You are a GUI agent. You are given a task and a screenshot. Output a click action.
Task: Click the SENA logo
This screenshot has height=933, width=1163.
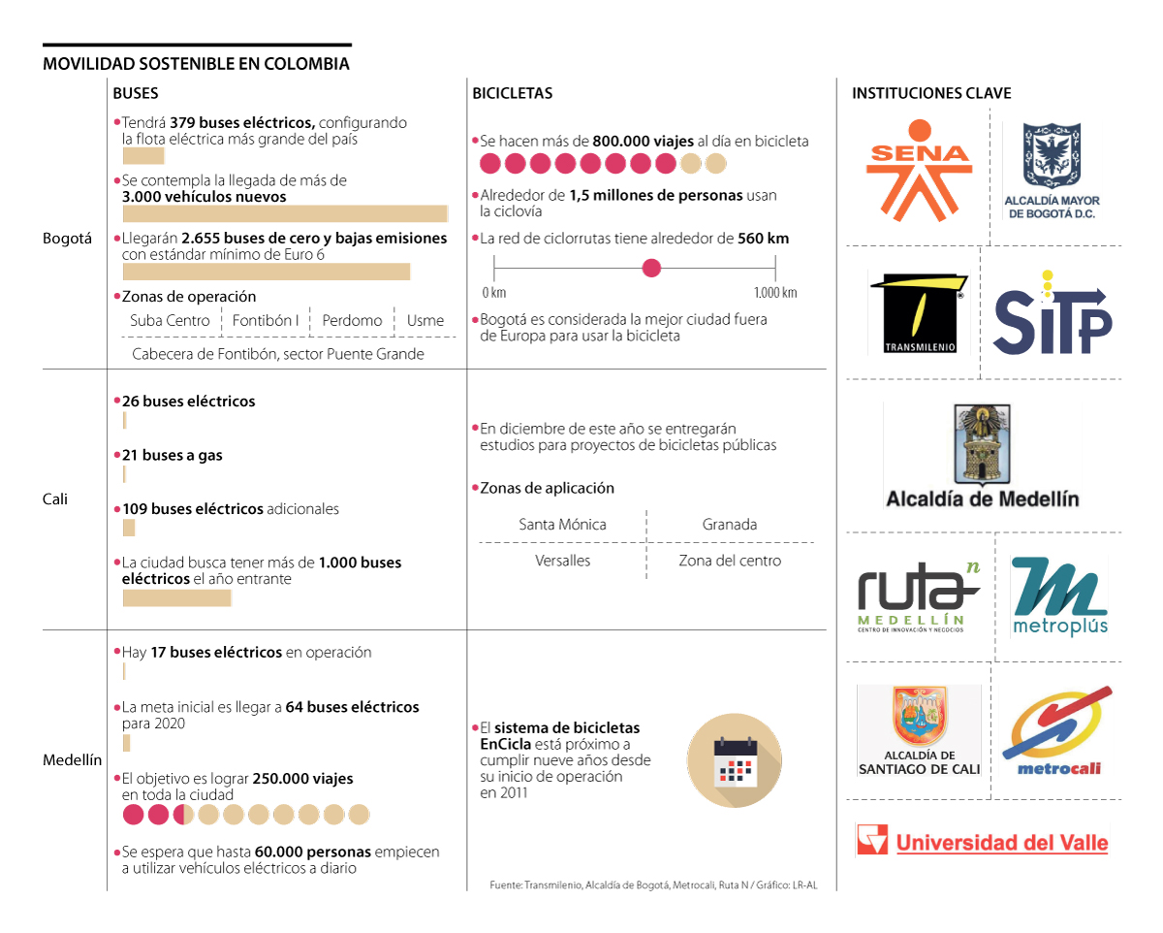pyautogui.click(x=918, y=170)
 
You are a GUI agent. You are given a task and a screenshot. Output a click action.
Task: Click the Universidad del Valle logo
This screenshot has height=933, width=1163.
pyautogui.click(x=982, y=840)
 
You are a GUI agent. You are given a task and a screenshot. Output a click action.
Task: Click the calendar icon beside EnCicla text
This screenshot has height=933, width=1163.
pyautogui.click(x=734, y=760)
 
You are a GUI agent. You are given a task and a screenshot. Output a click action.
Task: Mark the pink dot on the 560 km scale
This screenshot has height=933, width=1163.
pyautogui.click(x=652, y=268)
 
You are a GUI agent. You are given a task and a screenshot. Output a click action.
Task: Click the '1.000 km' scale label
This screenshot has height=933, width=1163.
pyautogui.click(x=775, y=293)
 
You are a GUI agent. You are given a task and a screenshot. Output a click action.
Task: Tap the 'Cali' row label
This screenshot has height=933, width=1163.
pyautogui.click(x=55, y=499)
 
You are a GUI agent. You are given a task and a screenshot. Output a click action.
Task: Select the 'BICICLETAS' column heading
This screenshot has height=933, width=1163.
pyautogui.click(x=513, y=94)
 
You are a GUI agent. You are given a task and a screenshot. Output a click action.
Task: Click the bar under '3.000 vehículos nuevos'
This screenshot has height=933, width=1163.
pyautogui.click(x=285, y=214)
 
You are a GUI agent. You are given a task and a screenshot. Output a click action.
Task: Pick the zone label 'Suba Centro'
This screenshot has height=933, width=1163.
pyautogui.click(x=170, y=321)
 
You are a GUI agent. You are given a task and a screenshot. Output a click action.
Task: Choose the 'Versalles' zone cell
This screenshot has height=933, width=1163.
pyautogui.click(x=562, y=561)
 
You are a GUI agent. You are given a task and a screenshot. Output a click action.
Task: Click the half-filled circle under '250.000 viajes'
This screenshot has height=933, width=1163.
pyautogui.click(x=183, y=815)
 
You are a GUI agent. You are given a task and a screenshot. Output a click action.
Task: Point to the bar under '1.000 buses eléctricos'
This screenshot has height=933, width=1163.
pyautogui.click(x=176, y=598)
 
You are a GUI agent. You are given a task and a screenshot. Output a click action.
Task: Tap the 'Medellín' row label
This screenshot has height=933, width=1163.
pyautogui.click(x=72, y=760)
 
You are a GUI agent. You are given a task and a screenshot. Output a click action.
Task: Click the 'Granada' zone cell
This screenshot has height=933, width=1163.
pyautogui.click(x=730, y=525)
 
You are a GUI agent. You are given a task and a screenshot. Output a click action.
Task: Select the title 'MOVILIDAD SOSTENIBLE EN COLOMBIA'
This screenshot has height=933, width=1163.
pyautogui.click(x=196, y=64)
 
